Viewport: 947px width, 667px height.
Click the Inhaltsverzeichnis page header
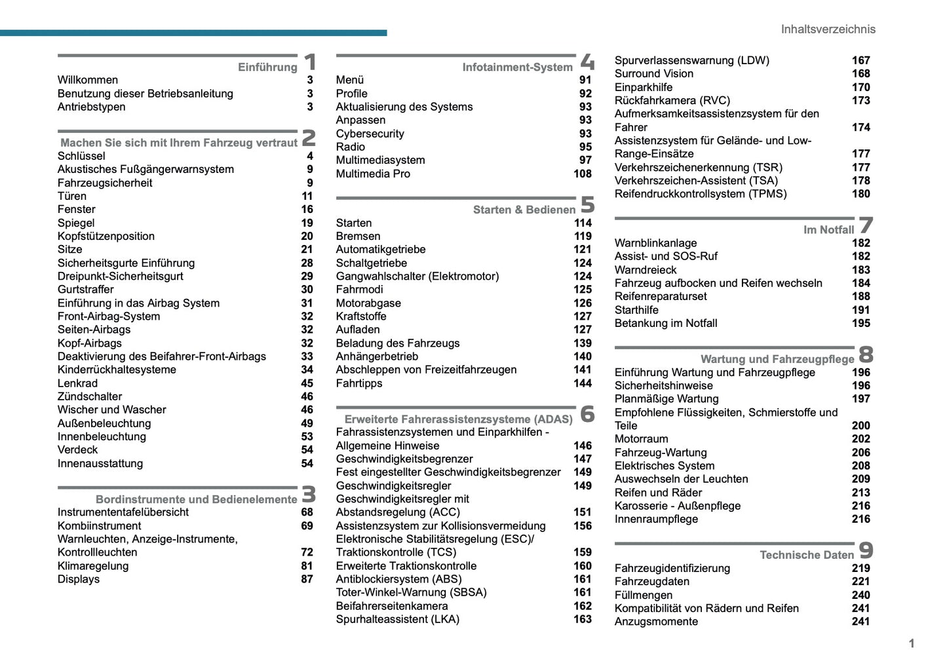[828, 29]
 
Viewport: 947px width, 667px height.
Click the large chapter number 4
[587, 62]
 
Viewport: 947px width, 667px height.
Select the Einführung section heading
[267, 67]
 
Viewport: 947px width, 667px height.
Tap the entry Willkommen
[88, 80]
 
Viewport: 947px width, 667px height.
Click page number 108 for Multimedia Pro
[582, 174]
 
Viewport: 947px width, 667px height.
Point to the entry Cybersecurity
[370, 134]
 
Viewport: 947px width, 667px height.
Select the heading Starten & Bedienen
[524, 210]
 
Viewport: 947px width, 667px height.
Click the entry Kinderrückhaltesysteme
[117, 370]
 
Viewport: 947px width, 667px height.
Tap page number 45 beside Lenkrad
[307, 383]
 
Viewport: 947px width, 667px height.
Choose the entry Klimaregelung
[93, 566]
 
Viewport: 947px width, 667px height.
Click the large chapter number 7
[866, 225]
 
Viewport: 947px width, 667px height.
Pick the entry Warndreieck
[645, 270]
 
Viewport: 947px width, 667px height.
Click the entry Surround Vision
[653, 73]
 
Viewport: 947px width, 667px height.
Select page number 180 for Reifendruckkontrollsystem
[860, 194]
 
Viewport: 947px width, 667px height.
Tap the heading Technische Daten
[806, 555]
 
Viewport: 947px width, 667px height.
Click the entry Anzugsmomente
[656, 622]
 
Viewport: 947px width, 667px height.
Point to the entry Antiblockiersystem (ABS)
[398, 579]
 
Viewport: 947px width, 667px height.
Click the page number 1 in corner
[911, 643]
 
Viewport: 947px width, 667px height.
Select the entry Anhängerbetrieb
[377, 356]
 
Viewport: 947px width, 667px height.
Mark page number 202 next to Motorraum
[860, 439]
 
